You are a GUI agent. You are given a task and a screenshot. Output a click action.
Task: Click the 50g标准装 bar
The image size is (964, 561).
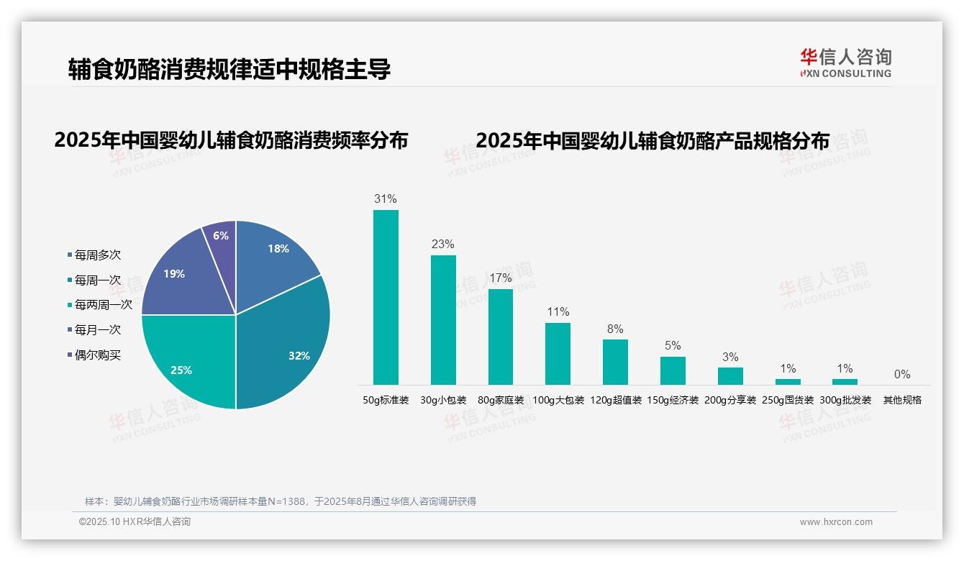coord(386,297)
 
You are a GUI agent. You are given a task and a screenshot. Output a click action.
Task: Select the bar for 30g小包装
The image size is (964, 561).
coord(443,319)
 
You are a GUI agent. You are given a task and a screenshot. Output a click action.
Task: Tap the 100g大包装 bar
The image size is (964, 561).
coord(558,353)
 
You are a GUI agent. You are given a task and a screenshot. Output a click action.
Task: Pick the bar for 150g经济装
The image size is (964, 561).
coord(673,370)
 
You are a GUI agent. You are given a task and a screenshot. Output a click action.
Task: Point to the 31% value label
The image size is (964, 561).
coord(386,199)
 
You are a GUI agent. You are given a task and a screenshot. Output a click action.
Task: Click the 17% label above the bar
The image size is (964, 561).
coord(501,278)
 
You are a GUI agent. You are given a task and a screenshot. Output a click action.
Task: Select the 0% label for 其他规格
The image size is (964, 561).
coord(902,374)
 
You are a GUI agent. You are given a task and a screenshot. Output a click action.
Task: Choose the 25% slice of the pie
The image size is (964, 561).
coord(187,360)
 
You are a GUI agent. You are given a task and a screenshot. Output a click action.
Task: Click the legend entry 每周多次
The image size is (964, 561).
coord(97,255)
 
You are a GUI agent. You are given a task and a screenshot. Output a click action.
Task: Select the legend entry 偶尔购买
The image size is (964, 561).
coord(97,355)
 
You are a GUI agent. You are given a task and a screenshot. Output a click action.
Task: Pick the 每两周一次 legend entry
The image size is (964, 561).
coord(103,304)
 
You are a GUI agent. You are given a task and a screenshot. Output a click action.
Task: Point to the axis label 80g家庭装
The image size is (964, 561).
coord(501,400)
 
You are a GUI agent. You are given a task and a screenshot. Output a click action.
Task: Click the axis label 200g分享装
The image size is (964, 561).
coord(730,400)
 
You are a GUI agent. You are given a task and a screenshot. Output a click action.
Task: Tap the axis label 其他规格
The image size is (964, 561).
coord(902,400)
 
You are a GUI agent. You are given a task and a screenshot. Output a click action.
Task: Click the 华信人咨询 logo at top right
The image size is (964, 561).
coord(845,63)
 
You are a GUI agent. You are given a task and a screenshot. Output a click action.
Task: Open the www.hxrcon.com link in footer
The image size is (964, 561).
coord(836,522)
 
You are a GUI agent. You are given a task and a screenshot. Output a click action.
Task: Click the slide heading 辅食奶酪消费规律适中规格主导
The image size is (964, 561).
coord(229,69)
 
